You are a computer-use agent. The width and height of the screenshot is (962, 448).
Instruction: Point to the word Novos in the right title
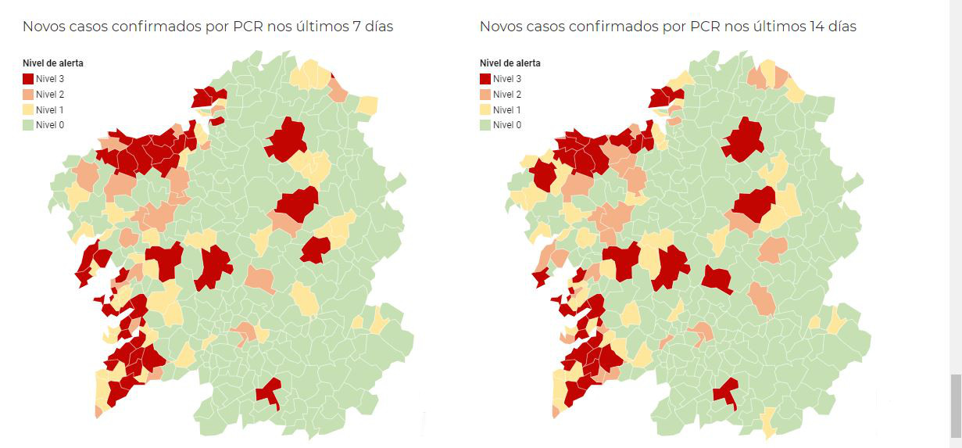click(501, 27)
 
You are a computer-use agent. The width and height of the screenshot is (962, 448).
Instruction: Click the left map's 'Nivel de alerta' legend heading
click(52, 63)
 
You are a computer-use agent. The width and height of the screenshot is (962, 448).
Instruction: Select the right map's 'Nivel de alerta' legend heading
click(510, 63)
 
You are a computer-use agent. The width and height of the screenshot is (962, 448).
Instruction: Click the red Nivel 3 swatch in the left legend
click(28, 79)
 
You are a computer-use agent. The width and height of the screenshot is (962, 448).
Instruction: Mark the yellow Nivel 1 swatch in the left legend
click(28, 109)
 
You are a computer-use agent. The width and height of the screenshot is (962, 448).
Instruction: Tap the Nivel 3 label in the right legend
click(506, 79)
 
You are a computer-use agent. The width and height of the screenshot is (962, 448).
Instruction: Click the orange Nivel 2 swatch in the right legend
click(485, 95)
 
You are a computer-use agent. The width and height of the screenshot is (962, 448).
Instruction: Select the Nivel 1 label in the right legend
click(506, 109)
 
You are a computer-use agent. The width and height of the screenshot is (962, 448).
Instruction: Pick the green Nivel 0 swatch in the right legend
click(485, 125)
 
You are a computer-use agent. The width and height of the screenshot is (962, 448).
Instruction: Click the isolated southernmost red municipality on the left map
click(270, 390)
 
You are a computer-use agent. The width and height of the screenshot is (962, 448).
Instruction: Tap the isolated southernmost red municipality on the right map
click(727, 390)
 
